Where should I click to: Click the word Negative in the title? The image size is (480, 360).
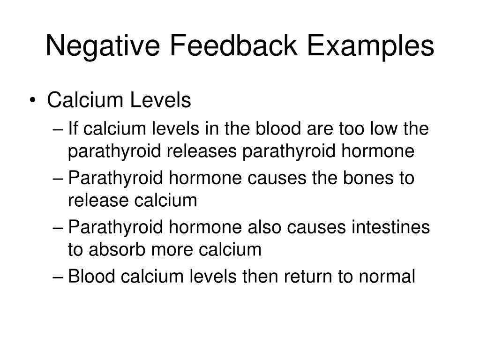[x=102, y=46]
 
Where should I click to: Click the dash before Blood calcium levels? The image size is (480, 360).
[x=58, y=277]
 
